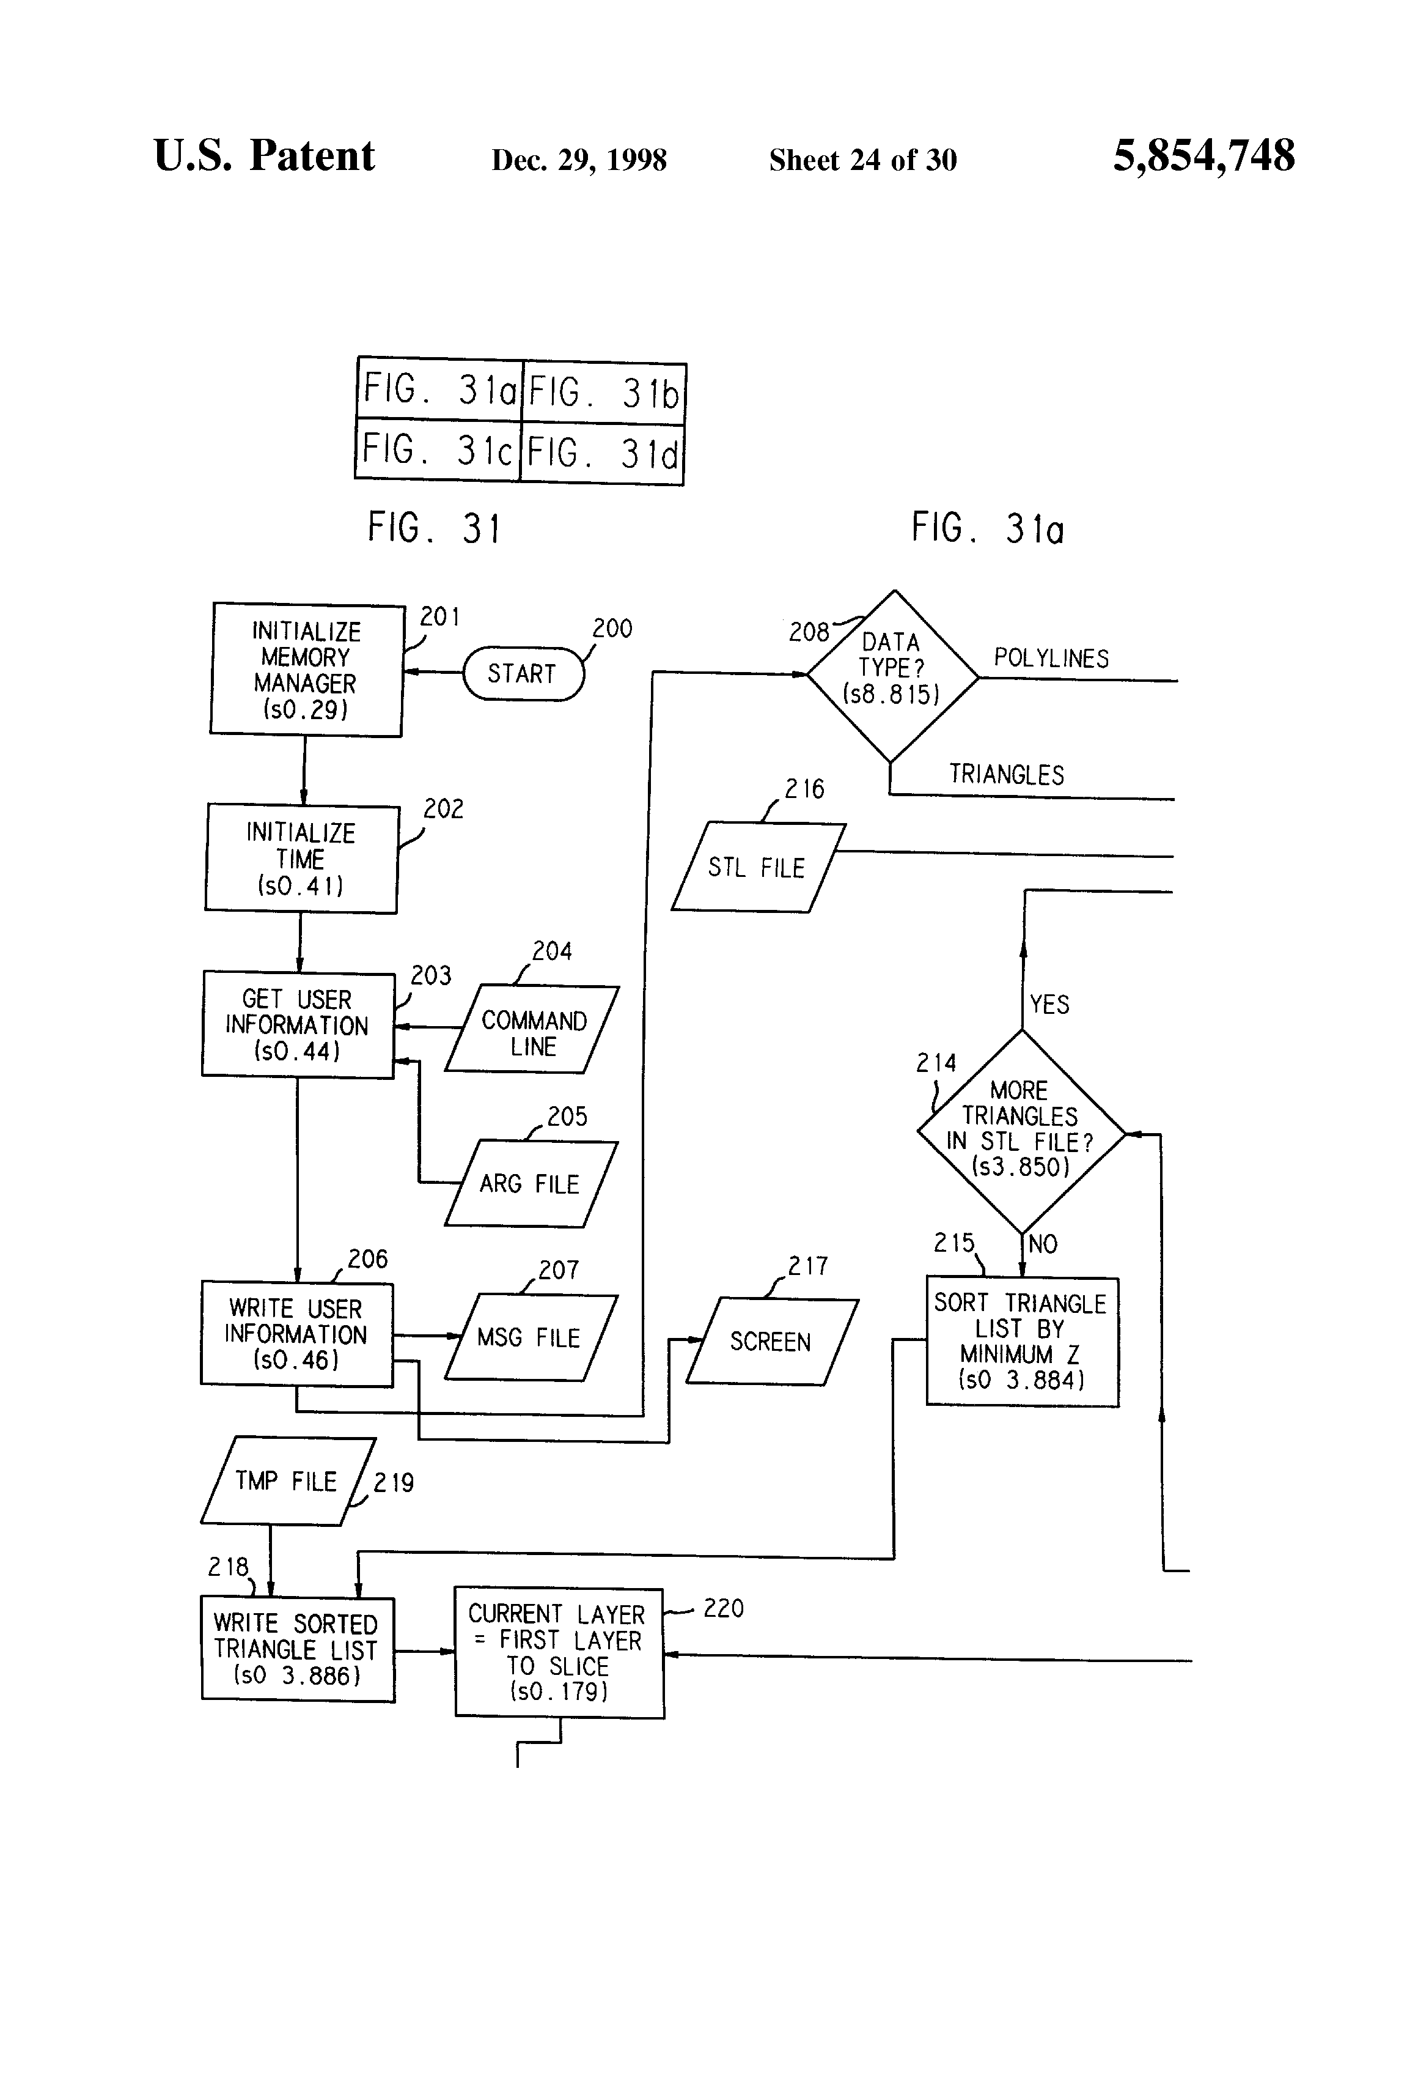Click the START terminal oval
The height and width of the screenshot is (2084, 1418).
pos(523,673)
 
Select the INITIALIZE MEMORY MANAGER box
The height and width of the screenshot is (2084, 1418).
pos(306,670)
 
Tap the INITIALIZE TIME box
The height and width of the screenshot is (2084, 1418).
pos(301,859)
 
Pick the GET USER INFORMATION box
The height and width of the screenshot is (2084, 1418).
pos(298,1025)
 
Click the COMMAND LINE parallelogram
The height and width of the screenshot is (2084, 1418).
pos(532,1029)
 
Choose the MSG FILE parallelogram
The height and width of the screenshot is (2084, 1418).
pos(531,1337)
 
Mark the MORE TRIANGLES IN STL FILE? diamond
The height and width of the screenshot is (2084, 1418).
pos(1021,1131)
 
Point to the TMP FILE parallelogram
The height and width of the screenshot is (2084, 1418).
pos(287,1480)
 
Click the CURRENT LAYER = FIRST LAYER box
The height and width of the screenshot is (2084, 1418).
pos(559,1652)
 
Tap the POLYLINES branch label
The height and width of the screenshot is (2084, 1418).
pos(1051,659)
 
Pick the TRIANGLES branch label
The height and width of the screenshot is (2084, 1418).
pos(1007,775)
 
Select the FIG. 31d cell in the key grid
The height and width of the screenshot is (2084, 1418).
pos(602,454)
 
